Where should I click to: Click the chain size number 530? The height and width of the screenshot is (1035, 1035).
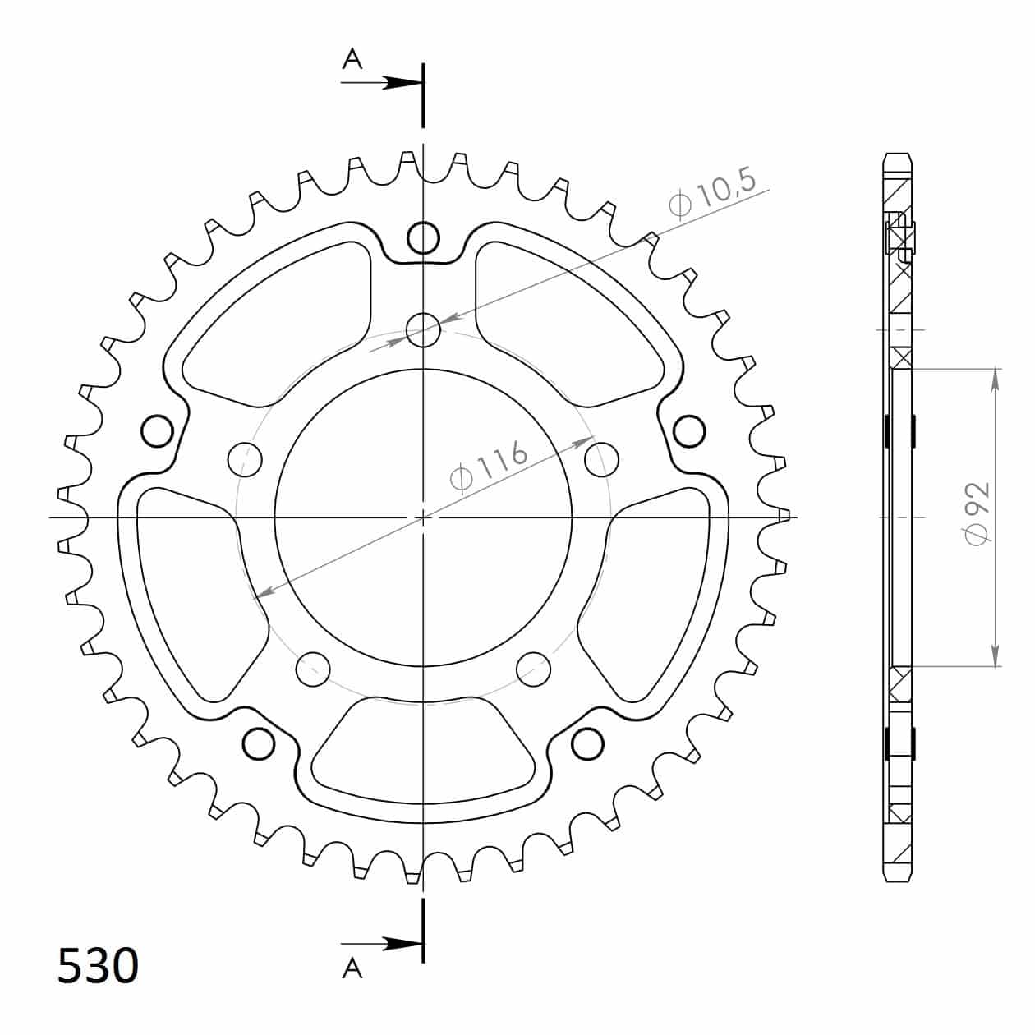(x=98, y=966)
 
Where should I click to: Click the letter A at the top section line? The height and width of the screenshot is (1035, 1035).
(x=352, y=60)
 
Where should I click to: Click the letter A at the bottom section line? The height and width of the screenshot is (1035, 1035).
(x=352, y=968)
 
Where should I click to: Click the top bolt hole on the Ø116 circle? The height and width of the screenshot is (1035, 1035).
(x=423, y=330)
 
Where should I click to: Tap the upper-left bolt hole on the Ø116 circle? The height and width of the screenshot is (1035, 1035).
(x=245, y=459)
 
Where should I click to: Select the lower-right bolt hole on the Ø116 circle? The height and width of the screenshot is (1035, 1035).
(x=534, y=669)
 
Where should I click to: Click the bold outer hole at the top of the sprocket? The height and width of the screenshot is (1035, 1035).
(x=423, y=237)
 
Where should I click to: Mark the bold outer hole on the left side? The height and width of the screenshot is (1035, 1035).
(x=157, y=430)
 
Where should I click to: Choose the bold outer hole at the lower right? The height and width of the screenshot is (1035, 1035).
(x=587, y=743)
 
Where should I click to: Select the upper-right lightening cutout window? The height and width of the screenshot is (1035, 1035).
(x=567, y=324)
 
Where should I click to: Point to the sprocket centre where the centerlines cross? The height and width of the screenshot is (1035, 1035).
(x=423, y=517)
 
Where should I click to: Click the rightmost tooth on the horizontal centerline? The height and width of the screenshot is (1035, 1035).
(x=787, y=517)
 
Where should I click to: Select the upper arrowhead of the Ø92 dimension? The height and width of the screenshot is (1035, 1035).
(x=996, y=378)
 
